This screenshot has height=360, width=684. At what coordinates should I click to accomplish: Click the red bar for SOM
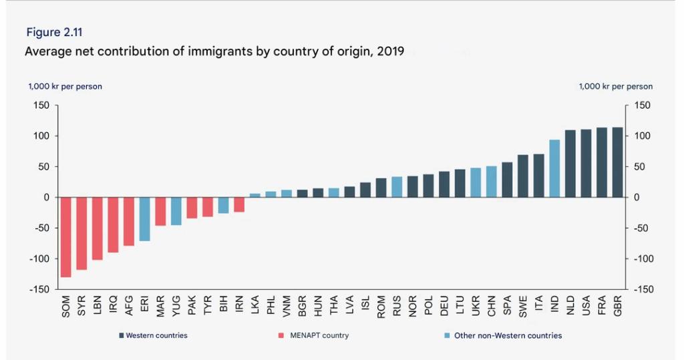65,236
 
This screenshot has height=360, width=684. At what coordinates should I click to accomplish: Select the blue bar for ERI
144,218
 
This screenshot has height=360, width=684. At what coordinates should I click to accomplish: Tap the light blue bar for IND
554,168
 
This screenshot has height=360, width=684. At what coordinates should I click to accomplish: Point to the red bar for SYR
81,233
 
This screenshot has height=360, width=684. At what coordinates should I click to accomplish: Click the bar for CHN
492,182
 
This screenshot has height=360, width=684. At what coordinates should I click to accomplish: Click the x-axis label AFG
129,305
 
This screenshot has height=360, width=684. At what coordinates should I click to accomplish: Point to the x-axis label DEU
445,305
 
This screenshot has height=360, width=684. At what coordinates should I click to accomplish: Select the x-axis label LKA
255,305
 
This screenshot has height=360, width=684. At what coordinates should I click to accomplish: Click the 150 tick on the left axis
41,106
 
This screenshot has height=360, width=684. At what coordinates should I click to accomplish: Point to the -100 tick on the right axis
642,259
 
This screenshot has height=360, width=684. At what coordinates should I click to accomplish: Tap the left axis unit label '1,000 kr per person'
65,86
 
